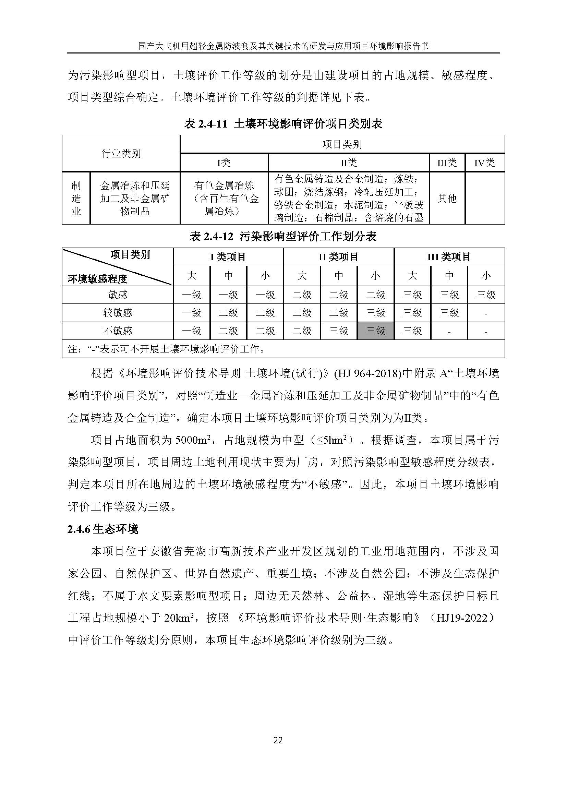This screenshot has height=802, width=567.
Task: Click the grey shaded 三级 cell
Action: [x=375, y=331]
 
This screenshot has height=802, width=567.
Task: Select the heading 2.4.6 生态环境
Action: [x=103, y=529]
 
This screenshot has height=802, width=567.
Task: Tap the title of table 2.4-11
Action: [x=283, y=124]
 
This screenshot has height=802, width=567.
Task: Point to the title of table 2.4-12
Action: [x=283, y=237]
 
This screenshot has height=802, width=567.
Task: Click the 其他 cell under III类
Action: [x=447, y=199]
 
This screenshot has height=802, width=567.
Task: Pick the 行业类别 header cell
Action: [x=121, y=153]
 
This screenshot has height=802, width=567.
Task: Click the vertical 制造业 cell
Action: [x=76, y=198]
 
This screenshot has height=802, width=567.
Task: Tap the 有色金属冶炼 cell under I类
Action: [x=224, y=198]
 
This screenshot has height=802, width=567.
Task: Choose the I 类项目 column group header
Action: [x=228, y=257]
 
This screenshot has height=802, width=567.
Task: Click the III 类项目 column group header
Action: [x=449, y=257]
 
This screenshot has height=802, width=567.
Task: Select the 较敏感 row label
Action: [x=118, y=313]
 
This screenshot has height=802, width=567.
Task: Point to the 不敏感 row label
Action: [x=118, y=331]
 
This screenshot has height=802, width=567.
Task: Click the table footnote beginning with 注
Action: [x=166, y=349]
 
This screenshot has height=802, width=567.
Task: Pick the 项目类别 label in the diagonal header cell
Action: [x=130, y=255]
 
